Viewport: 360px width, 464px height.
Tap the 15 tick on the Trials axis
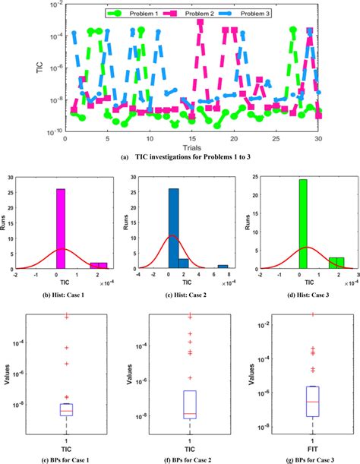191,139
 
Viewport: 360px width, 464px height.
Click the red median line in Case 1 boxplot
66,411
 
